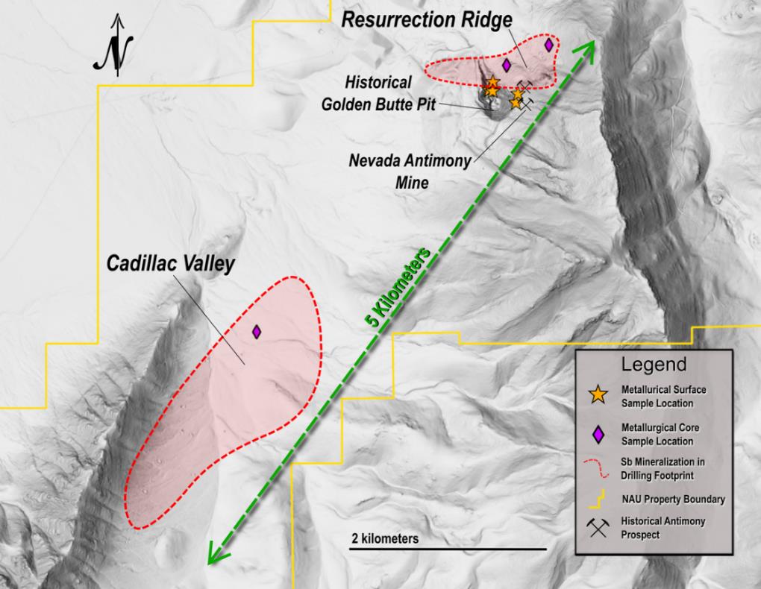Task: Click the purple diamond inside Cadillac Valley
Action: pyautogui.click(x=257, y=331)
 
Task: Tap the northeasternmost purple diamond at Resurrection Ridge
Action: pyautogui.click(x=549, y=45)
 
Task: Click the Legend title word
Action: pyautogui.click(x=654, y=365)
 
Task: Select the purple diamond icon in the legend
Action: pyautogui.click(x=597, y=433)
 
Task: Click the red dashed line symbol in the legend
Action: pyautogui.click(x=597, y=467)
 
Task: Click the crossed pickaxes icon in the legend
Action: pyautogui.click(x=597, y=528)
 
